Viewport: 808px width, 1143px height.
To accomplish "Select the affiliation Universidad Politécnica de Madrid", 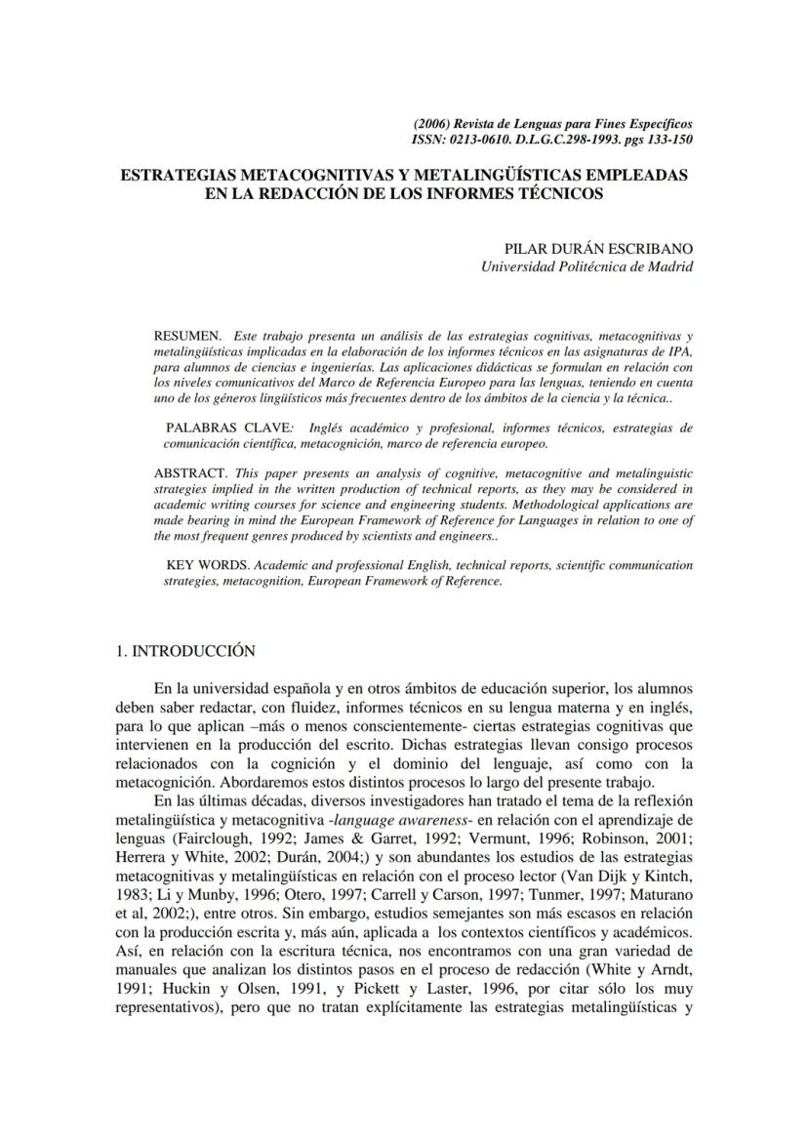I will (x=587, y=266).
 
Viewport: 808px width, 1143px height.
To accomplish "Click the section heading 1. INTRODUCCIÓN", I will (x=185, y=651).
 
